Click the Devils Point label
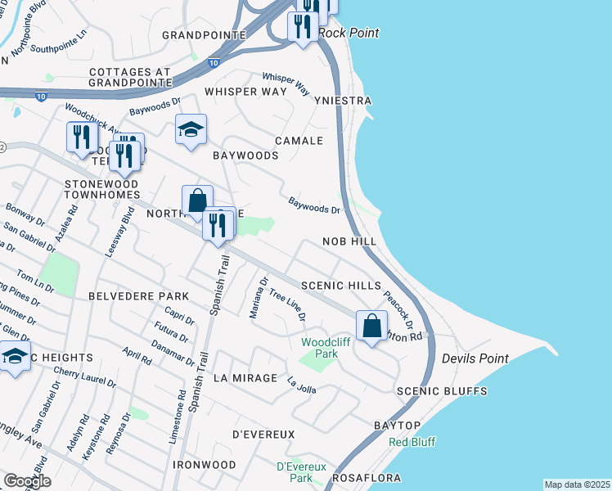(475, 358)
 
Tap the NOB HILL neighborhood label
(349, 242)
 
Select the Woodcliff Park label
(319, 349)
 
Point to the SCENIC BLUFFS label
(442, 392)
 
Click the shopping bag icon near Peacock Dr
(372, 326)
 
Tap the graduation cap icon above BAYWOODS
(191, 129)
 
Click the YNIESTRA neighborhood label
(343, 101)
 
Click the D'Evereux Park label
(295, 471)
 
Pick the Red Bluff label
(412, 442)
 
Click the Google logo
(27, 481)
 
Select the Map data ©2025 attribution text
(577, 484)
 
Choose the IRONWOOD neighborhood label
(205, 465)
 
